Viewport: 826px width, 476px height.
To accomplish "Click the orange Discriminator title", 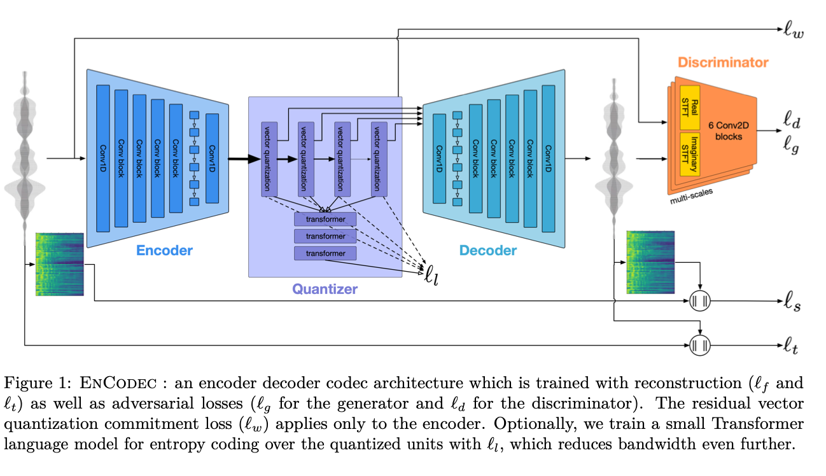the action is (723, 62).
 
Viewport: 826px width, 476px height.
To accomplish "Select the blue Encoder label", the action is (164, 250).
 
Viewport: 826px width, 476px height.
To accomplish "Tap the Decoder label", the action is (487, 250).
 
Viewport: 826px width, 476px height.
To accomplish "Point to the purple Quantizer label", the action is (325, 289).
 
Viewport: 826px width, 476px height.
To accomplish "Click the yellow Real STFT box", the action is (690, 108).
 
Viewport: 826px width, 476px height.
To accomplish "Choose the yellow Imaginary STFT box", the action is (690, 154).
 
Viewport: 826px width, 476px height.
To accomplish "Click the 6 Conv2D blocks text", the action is (728, 131).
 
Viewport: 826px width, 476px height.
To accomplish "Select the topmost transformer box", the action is (325, 220).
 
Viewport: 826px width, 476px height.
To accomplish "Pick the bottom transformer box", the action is (325, 253).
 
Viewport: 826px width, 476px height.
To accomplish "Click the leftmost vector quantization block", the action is (269, 159).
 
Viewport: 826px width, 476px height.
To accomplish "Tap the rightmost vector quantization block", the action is (379, 159).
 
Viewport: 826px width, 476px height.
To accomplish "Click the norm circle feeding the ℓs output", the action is (700, 301).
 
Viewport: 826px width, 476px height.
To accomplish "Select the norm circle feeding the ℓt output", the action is (700, 346).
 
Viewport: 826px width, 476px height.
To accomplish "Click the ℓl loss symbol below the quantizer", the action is (431, 275).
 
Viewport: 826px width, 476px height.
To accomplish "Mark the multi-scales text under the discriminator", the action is (691, 196).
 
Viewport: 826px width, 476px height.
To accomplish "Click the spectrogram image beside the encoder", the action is (60, 264).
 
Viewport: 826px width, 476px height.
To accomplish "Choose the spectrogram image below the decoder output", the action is (650, 263).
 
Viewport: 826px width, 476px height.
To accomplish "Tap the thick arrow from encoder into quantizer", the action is (244, 159).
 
